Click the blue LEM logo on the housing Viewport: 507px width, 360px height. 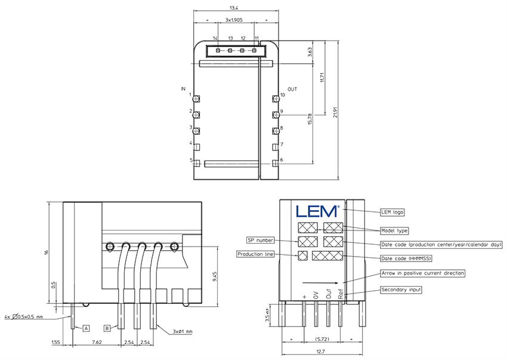(x=317, y=211)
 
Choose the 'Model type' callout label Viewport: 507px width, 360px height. (x=394, y=230)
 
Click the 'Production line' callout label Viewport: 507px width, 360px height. (x=255, y=254)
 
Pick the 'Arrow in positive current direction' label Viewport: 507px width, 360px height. (x=422, y=273)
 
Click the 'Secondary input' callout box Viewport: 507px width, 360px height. (x=401, y=290)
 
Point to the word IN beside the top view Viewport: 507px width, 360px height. (x=184, y=89)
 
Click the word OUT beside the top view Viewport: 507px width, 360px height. (x=292, y=89)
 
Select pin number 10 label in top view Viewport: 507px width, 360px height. (x=283, y=96)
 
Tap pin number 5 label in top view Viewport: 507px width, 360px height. (x=191, y=160)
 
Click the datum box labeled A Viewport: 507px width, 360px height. (x=86, y=328)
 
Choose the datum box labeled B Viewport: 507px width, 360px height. (x=107, y=328)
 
